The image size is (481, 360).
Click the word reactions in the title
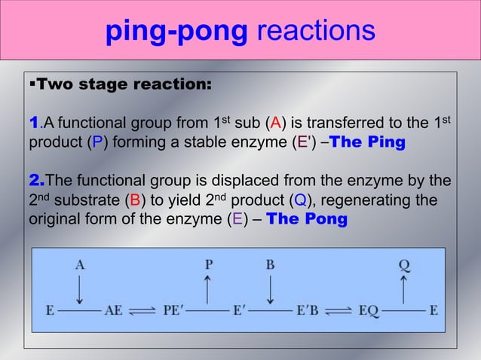pyautogui.click(x=316, y=32)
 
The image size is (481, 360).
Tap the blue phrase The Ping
pyautogui.click(x=367, y=143)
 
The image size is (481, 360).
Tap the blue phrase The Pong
pyautogui.click(x=308, y=221)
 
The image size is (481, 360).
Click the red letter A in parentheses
pyautogui.click(x=277, y=124)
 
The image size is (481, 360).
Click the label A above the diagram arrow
pyautogui.click(x=79, y=264)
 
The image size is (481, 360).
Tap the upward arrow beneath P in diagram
pyautogui.click(x=208, y=288)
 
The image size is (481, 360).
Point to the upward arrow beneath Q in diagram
pyautogui.click(x=404, y=288)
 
